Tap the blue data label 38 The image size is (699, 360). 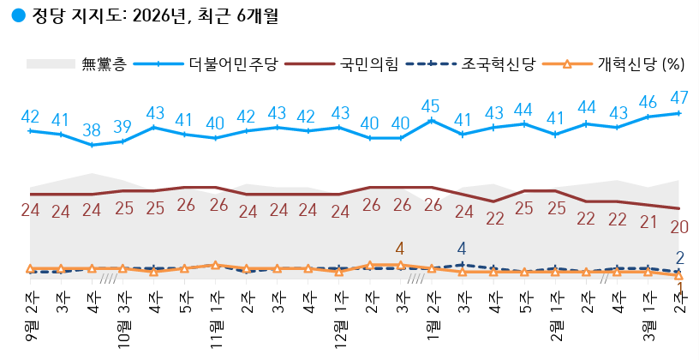click(92, 130)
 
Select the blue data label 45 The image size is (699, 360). click(431, 106)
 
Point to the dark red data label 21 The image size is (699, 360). click(648, 223)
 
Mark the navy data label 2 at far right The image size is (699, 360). click(679, 257)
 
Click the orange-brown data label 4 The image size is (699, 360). click(400, 249)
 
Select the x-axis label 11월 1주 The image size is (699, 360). click(216, 315)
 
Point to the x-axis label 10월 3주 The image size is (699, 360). click(124, 315)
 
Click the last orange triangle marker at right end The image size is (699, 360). click(679, 276)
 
